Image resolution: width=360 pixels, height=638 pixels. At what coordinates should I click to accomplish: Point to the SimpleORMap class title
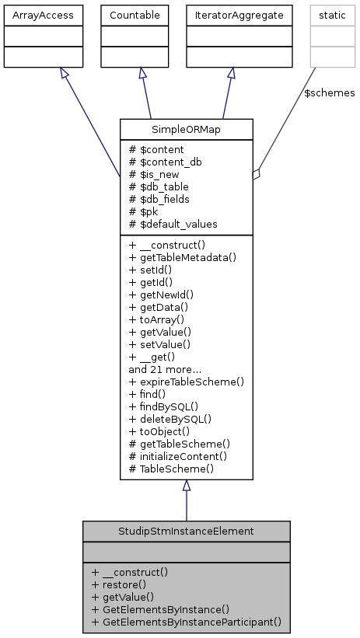tap(187, 130)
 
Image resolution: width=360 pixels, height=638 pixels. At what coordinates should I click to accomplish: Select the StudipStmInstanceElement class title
tap(187, 532)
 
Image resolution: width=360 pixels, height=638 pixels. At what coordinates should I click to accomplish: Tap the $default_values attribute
tap(173, 224)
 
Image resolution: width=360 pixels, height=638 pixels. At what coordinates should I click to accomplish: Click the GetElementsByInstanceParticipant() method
tap(186, 622)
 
